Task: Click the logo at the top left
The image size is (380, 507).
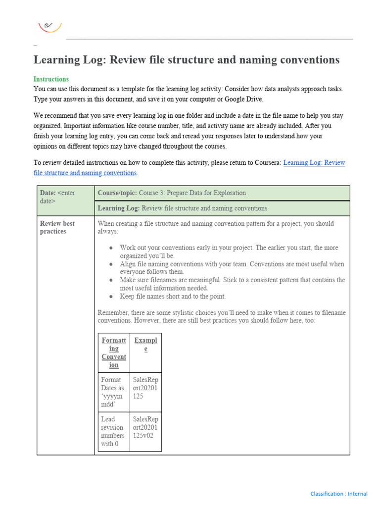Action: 50,26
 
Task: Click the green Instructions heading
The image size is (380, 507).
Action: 51,79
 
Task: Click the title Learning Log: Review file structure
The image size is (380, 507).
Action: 186,60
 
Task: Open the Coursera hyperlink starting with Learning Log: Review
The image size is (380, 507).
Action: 314,163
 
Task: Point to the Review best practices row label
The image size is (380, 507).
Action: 57,227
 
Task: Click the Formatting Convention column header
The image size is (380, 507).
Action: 114,353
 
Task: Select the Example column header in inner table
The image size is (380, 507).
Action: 145,345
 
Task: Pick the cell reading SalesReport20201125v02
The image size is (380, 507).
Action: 145,427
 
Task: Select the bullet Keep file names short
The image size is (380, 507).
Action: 173,297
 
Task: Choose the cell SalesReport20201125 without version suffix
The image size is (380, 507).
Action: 145,388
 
